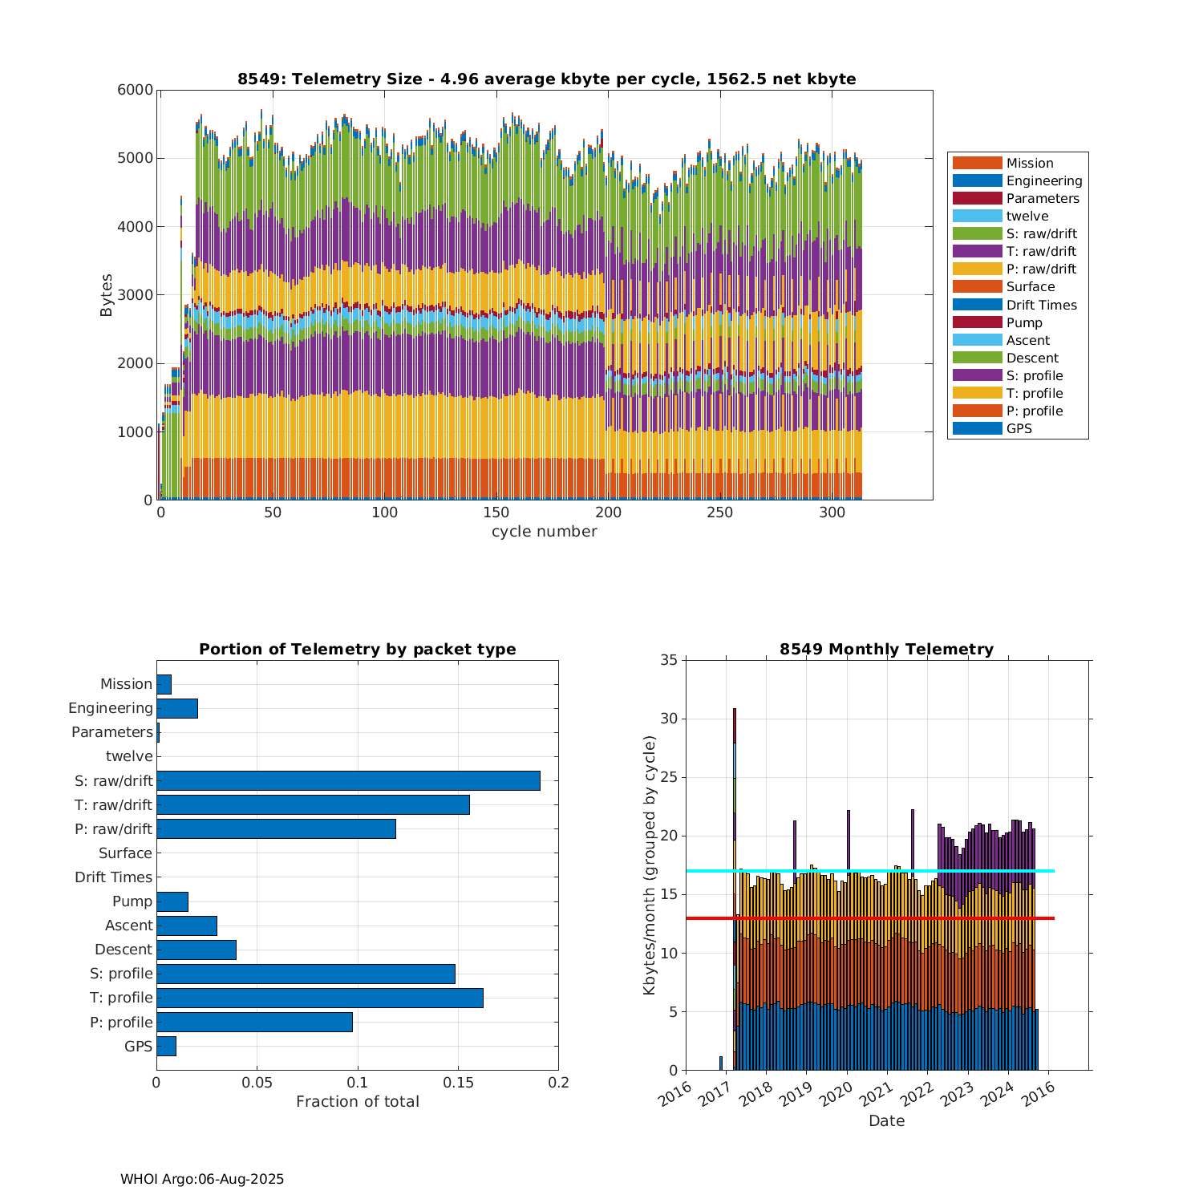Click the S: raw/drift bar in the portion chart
(348, 780)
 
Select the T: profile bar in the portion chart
(319, 998)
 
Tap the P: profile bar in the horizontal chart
(254, 1022)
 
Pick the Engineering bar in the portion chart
(177, 708)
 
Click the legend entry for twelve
(1027, 217)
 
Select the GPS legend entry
(1019, 429)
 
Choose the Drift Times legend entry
(1041, 305)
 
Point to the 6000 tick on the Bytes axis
(136, 90)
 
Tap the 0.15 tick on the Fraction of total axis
(458, 1083)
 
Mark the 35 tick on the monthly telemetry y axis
(669, 660)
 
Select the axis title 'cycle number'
(544, 532)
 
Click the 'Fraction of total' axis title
(357, 1102)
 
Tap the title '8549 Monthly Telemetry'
(886, 650)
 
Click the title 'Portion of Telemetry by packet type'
(357, 650)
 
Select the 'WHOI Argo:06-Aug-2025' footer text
(202, 1179)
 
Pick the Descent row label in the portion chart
(123, 950)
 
